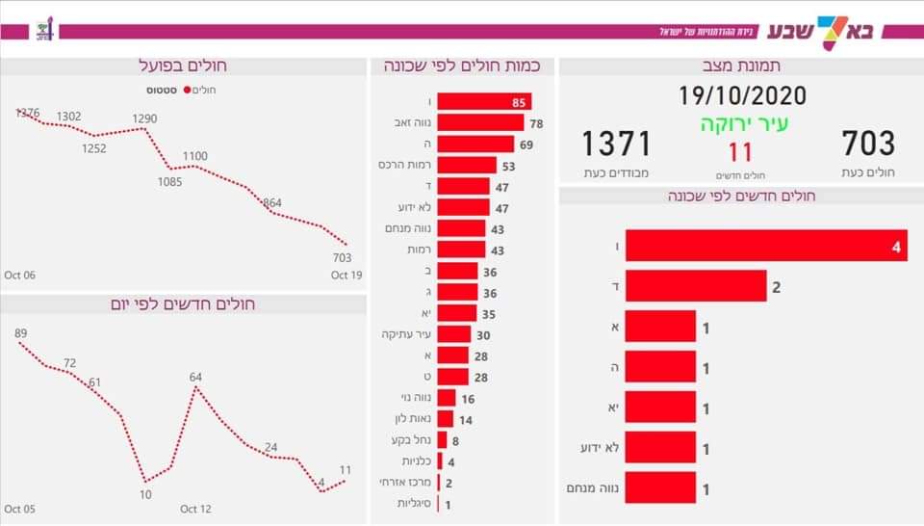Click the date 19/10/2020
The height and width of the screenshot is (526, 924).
point(740,95)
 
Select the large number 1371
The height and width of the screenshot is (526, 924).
point(616,144)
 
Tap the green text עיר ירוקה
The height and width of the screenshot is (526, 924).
point(740,125)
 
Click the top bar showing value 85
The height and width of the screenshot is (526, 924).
point(484,102)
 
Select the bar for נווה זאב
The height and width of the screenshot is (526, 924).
point(480,123)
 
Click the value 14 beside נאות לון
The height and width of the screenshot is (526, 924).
point(466,419)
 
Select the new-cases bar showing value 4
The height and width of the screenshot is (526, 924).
point(766,246)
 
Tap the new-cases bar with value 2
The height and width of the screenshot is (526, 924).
point(696,286)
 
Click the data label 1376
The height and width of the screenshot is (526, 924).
point(27,113)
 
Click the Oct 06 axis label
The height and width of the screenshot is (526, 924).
point(19,276)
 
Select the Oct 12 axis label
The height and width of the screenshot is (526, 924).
point(194,509)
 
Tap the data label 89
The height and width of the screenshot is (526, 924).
point(21,333)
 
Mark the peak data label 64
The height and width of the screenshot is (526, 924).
point(195,377)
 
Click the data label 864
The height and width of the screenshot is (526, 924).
point(272,202)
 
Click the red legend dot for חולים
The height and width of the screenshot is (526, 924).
point(187,90)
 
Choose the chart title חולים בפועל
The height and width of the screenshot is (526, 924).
point(183,66)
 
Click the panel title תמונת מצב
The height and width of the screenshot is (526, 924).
point(740,66)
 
